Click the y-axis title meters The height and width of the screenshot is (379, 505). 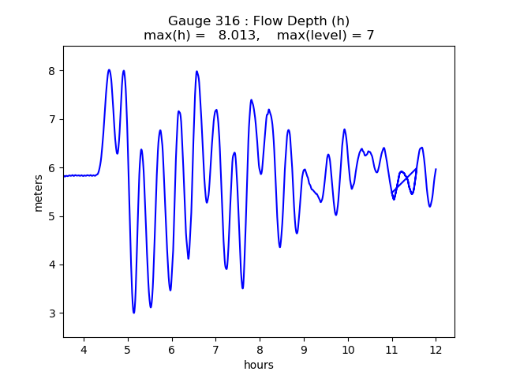pos(39,192)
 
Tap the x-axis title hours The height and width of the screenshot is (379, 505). pos(259,365)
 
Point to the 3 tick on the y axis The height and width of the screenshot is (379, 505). pos(54,313)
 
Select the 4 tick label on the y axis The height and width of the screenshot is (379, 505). pos(54,265)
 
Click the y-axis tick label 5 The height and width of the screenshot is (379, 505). pos(54,216)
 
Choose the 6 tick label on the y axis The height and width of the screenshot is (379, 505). pos(54,167)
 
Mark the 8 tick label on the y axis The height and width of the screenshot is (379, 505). pos(54,71)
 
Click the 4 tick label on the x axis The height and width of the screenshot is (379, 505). pos(84,350)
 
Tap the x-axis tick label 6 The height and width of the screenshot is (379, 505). pos(171,350)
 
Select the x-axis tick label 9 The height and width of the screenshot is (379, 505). pos(303,350)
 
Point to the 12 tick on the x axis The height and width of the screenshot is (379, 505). pos(435,350)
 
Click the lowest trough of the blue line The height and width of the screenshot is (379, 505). pos(133,313)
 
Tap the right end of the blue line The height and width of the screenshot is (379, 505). pos(436,169)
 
